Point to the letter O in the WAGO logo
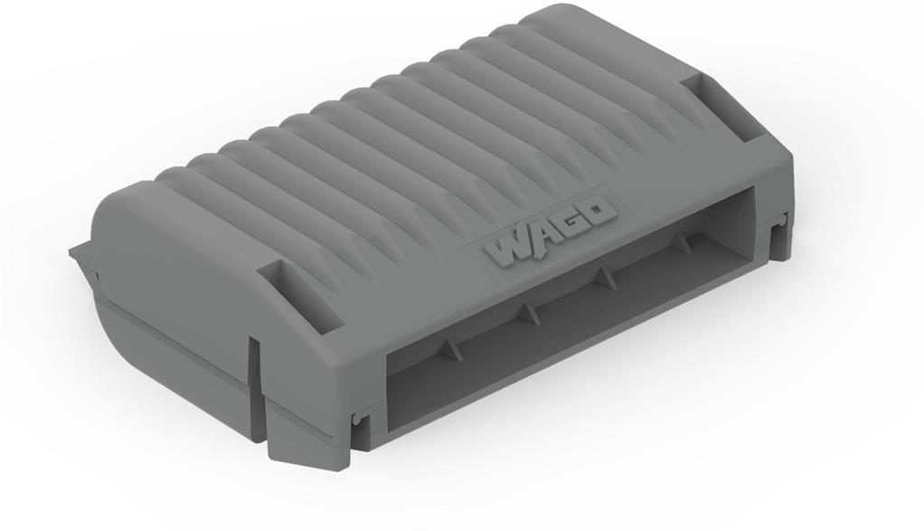tap(600, 213)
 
